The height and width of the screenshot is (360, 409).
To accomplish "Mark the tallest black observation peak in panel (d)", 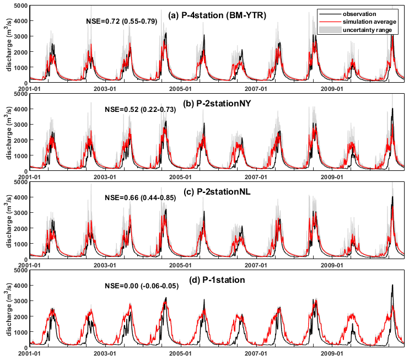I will point(392,285).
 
